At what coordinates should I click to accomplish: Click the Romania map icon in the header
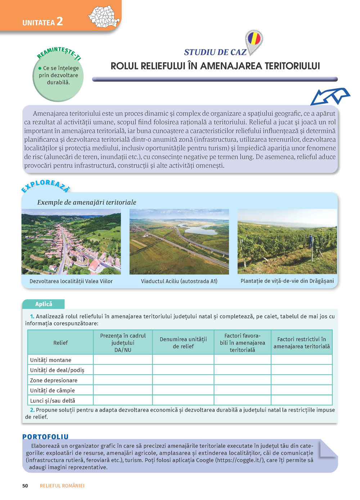[104, 17]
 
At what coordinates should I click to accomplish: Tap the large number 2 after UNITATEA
[59, 22]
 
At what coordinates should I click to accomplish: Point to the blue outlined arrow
[330, 96]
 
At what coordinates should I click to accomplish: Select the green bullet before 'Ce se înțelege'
[40, 68]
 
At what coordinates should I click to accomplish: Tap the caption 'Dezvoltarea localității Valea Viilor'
[71, 281]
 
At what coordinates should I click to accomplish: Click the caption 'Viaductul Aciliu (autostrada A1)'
[179, 281]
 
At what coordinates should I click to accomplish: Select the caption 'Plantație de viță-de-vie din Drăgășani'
[287, 281]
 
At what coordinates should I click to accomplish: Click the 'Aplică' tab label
[44, 304]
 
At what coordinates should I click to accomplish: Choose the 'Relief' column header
[60, 343]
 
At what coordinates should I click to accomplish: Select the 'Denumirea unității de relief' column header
[183, 343]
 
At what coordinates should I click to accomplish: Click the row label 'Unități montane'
[51, 360]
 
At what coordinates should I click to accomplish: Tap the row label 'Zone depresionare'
[54, 380]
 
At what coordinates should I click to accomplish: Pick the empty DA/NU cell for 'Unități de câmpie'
[123, 390]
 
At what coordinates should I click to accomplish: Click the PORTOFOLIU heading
[45, 437]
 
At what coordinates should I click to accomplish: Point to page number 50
[25, 486]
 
